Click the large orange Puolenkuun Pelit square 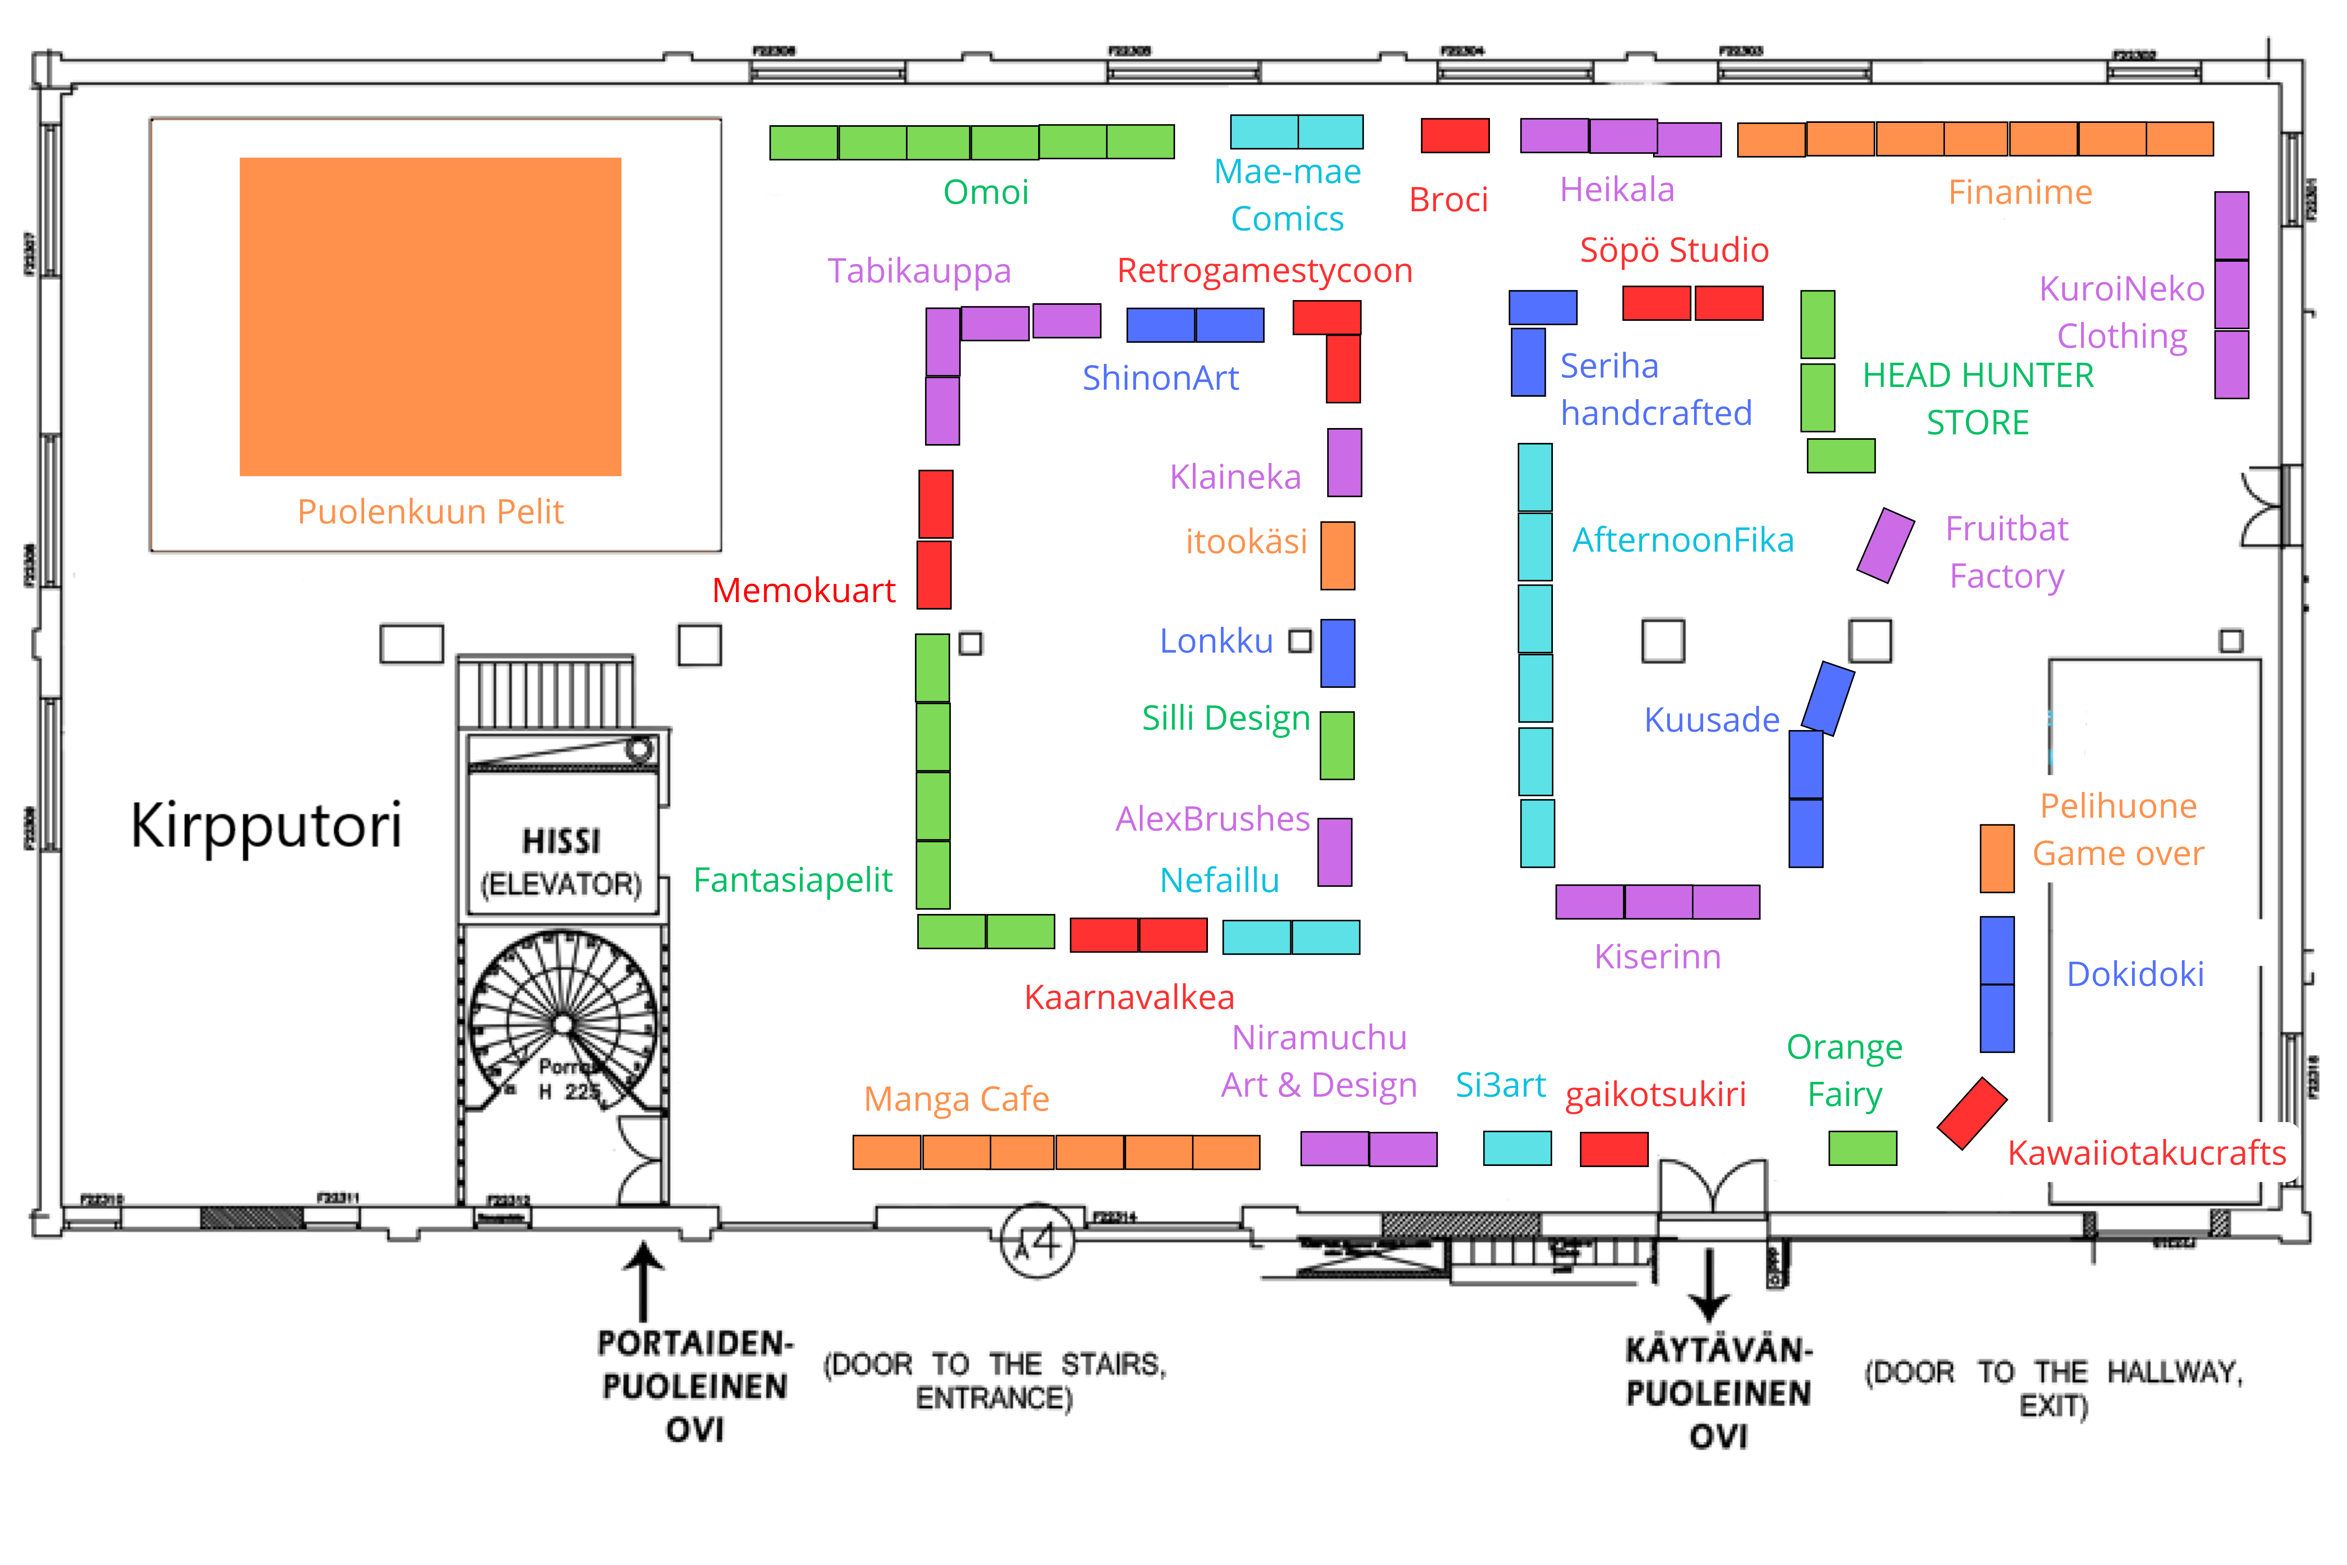click(430, 317)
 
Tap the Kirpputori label click(266, 826)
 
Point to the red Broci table click(1455, 136)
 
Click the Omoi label click(986, 192)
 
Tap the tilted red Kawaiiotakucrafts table click(1972, 1113)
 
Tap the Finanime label click(2020, 192)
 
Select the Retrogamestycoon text click(1264, 270)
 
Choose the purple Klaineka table click(1344, 462)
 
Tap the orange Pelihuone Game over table click(1997, 858)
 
